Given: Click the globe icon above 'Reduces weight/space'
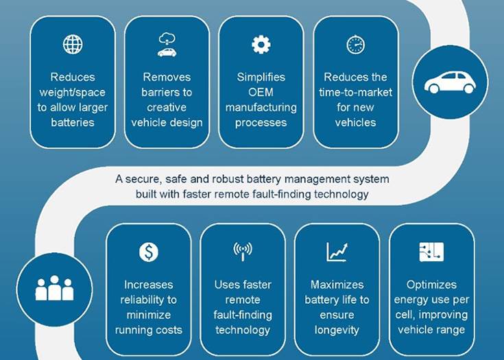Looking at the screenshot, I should point(72,45).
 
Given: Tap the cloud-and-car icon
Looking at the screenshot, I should point(167,45).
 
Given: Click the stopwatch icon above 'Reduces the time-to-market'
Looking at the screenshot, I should point(355,45).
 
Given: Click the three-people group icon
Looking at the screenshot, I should point(54,288).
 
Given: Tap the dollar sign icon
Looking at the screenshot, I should point(149,252).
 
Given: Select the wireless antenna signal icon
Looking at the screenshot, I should point(243,252).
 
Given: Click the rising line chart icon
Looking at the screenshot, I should point(337,252).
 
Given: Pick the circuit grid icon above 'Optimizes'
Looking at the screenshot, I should point(431,252).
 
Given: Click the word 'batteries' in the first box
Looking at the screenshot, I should point(72,123).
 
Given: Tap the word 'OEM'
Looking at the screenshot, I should point(261,93).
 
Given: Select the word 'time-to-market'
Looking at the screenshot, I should point(355,93).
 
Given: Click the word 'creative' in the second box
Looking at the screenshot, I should point(167,108).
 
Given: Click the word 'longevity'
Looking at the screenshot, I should point(337,330).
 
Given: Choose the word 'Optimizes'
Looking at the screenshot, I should point(431,285).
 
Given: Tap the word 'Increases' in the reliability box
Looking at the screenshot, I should point(149,285).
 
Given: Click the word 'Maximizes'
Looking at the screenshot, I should point(337,285).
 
